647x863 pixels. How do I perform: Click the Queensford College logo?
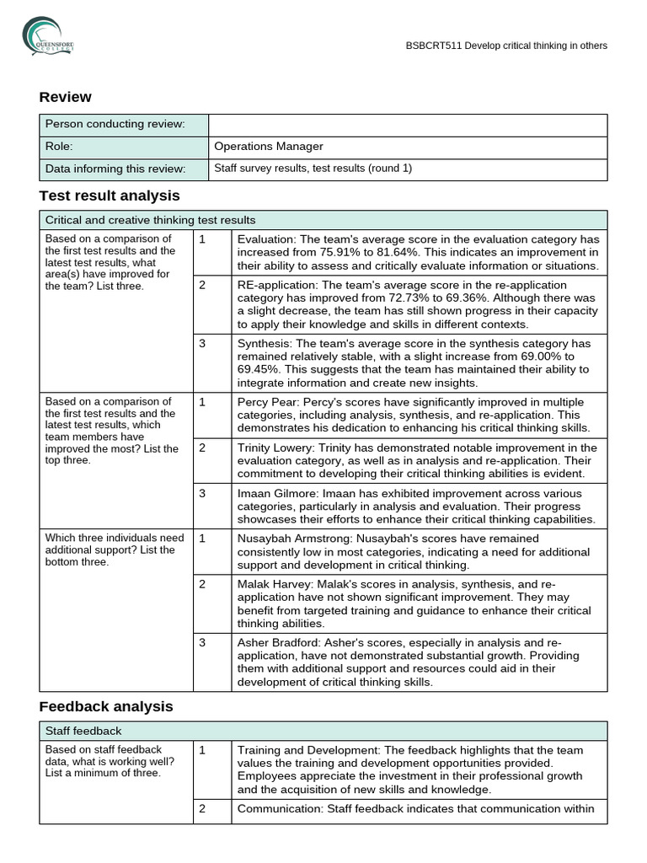tap(48, 36)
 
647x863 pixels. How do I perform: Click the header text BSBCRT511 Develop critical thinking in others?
tap(505, 46)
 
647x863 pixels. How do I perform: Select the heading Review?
tap(65, 97)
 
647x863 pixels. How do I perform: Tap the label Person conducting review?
tap(115, 125)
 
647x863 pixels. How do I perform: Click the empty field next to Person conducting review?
tap(407, 125)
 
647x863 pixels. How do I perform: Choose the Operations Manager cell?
tap(269, 147)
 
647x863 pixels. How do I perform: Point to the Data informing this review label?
tap(115, 169)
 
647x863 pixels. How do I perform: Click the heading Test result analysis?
tap(110, 196)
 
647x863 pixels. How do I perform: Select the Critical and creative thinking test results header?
tap(150, 220)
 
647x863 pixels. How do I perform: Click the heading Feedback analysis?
tap(106, 706)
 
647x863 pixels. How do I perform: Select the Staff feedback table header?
tap(83, 731)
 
